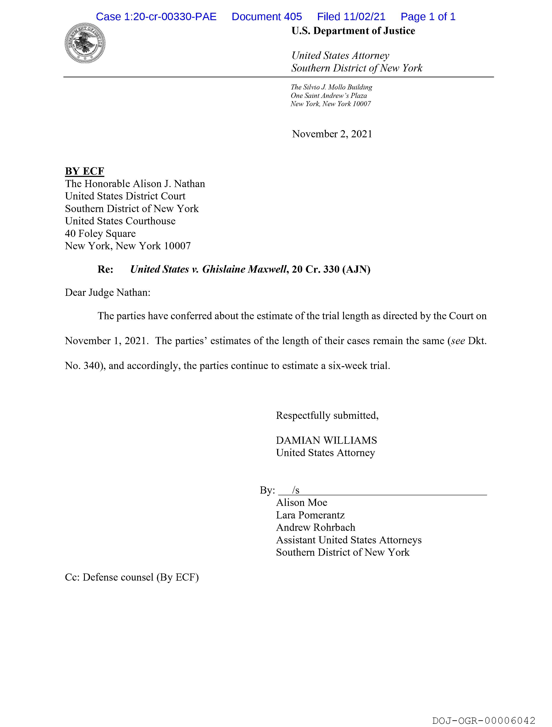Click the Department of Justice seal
(x=85, y=43)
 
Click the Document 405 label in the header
(x=266, y=17)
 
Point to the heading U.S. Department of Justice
(x=353, y=31)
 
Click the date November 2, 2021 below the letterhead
(x=332, y=134)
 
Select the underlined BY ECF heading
(x=84, y=171)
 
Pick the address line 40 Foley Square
(x=100, y=234)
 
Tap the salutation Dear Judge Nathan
(x=107, y=293)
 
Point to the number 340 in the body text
(x=92, y=366)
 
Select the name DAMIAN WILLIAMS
(x=326, y=440)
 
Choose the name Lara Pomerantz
(x=310, y=515)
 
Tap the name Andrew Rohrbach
(x=315, y=528)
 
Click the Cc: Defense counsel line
(x=132, y=577)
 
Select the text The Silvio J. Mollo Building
(x=331, y=87)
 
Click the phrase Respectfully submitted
(x=327, y=416)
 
